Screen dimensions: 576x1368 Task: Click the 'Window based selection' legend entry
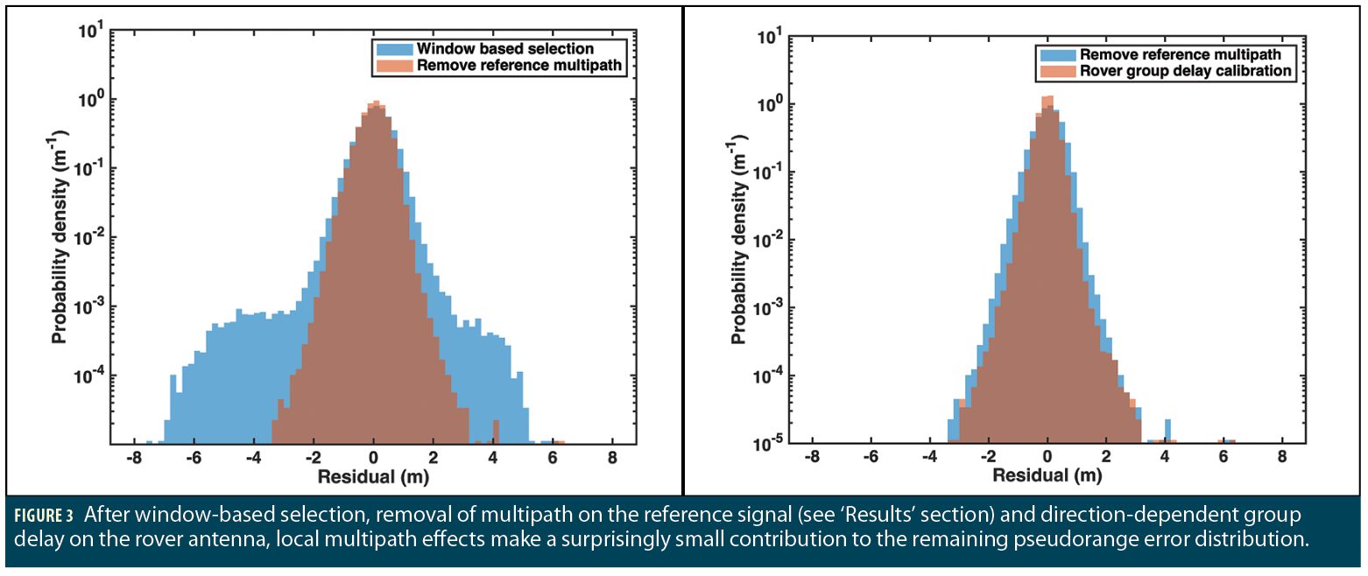click(x=505, y=48)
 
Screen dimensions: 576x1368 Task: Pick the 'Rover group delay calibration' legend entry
click(x=1187, y=71)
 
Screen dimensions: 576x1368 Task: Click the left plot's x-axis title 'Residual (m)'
click(x=373, y=479)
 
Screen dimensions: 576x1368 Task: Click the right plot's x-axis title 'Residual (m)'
click(x=1047, y=477)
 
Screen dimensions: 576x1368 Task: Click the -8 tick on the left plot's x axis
click(x=133, y=458)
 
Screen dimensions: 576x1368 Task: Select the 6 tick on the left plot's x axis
click(x=552, y=458)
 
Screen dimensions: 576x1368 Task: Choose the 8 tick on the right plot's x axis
click(x=1282, y=457)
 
